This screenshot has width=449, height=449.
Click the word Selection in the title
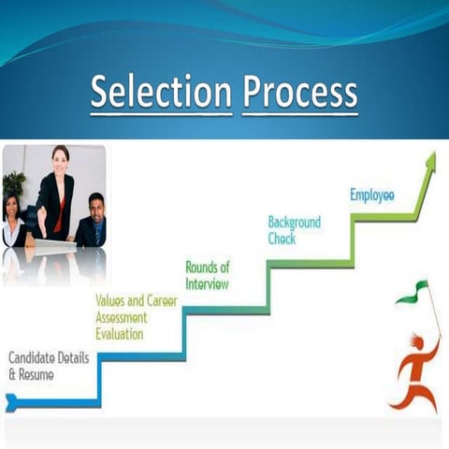tap(161, 93)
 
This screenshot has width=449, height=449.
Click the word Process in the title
tap(299, 93)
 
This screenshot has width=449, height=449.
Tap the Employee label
tap(372, 195)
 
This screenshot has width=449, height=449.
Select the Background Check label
tap(295, 230)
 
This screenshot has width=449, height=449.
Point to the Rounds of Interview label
tap(207, 275)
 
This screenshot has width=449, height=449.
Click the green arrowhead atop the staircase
tap(430, 160)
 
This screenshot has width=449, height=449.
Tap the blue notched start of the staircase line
tap(11, 403)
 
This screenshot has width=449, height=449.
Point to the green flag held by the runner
tap(412, 292)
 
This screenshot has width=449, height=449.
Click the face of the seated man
tap(96, 204)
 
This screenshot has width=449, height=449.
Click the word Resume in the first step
tap(36, 374)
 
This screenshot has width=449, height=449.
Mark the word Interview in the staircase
tap(207, 283)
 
